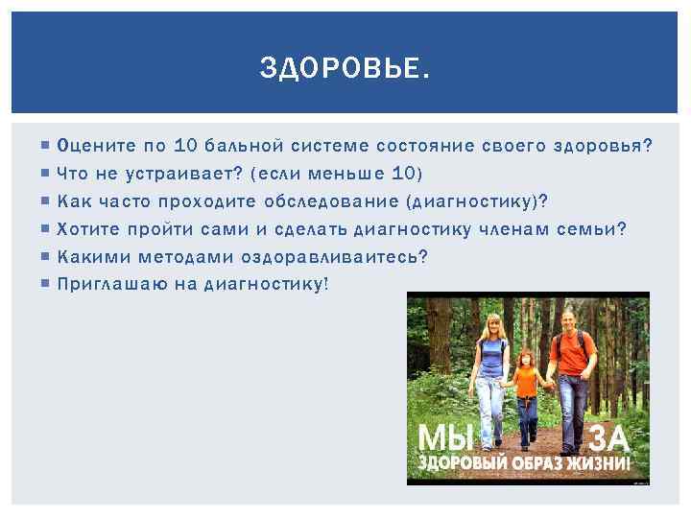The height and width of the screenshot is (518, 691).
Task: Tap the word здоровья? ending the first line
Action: [x=604, y=146]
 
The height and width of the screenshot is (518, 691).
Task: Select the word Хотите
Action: [x=91, y=228]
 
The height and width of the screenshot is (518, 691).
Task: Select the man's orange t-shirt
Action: [x=574, y=352]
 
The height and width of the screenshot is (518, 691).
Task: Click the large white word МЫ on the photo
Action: [x=445, y=437]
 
